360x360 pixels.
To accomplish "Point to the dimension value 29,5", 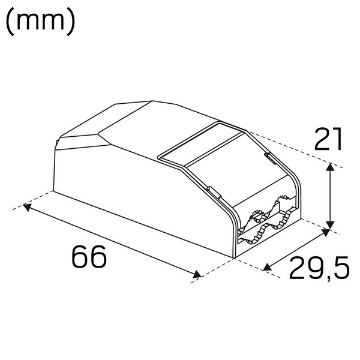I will pos(319,268).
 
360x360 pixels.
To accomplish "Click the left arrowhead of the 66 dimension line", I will pos(26,207).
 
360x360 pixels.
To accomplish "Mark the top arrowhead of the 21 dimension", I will pos(329,166).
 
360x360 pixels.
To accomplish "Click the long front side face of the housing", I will pos(138,198).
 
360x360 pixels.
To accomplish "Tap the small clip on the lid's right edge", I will pos(269,158).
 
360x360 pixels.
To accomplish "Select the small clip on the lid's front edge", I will pos(212,191).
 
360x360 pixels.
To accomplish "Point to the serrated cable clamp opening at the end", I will pos(264,225).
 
